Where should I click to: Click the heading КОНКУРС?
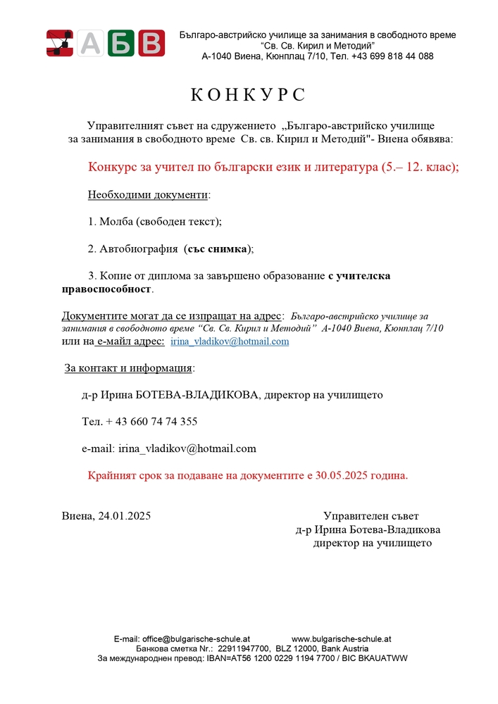(249, 95)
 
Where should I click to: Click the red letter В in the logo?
(151, 43)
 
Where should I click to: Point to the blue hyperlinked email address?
(230, 341)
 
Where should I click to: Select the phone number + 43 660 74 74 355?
(151, 422)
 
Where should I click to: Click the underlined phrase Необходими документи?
(147, 194)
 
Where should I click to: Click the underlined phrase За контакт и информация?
(128, 368)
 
